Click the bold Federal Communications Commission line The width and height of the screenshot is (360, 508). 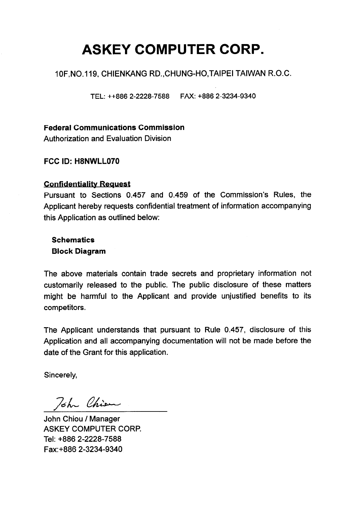pyautogui.click(x=114, y=127)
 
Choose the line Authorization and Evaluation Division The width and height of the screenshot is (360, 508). pyautogui.click(x=107, y=139)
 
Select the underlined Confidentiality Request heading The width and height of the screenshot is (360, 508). pyautogui.click(x=87, y=184)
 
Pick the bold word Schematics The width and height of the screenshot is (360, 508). pyautogui.click(x=73, y=240)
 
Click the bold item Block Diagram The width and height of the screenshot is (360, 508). pyautogui.click(x=79, y=251)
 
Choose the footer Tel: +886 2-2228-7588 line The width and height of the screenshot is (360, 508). pyautogui.click(x=83, y=439)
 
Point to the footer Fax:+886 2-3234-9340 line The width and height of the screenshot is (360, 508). pyautogui.click(x=83, y=449)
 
